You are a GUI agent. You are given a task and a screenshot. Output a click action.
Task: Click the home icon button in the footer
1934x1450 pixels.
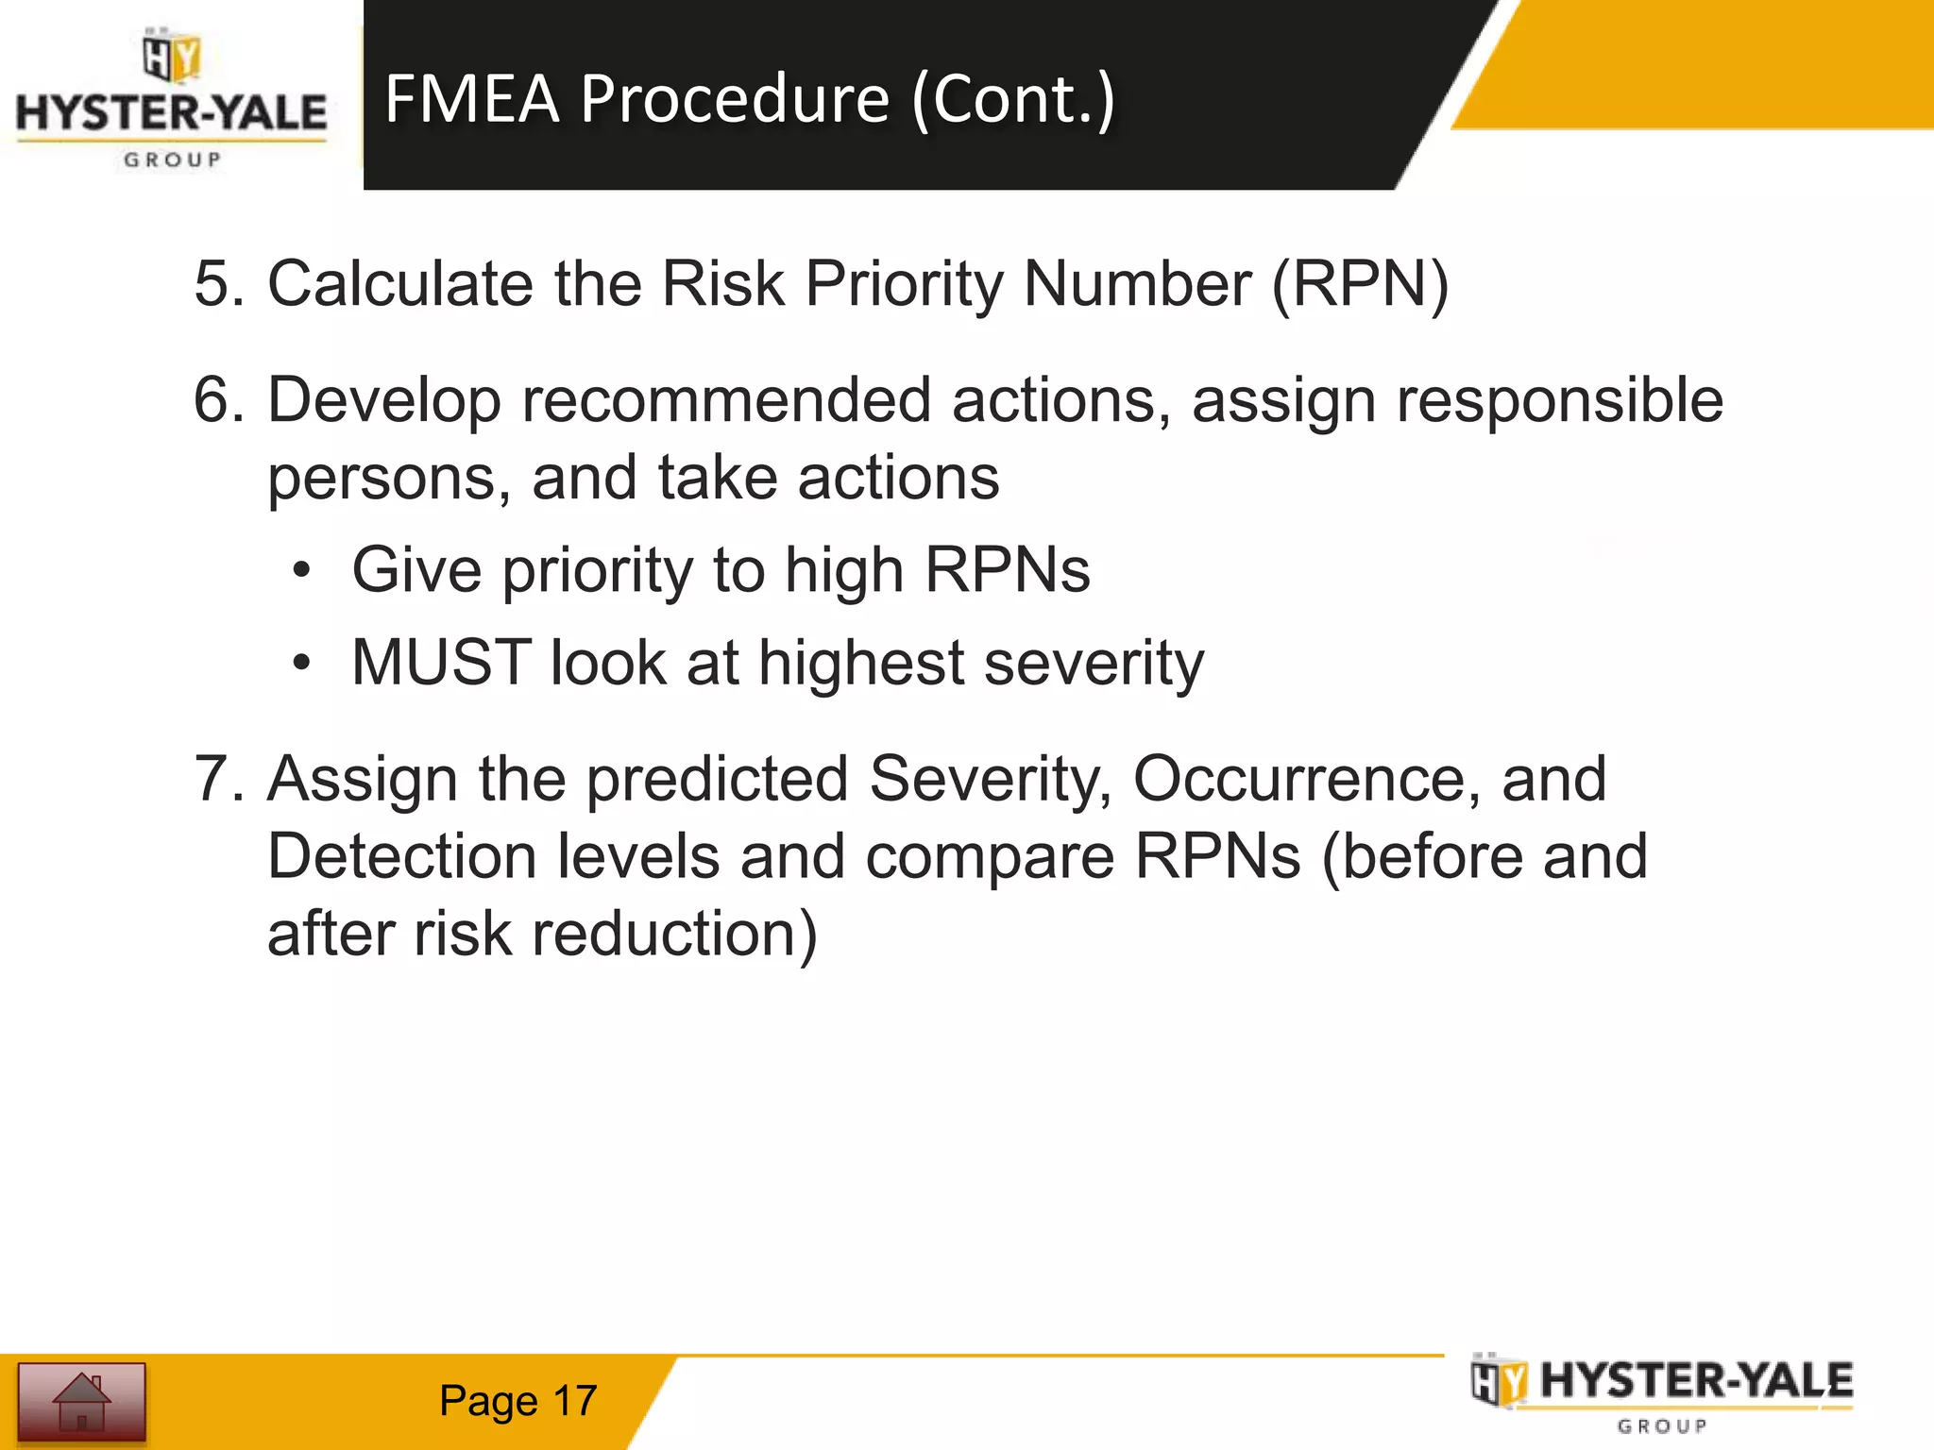[81, 1401]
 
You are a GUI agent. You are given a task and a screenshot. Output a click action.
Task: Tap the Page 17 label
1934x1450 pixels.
[517, 1401]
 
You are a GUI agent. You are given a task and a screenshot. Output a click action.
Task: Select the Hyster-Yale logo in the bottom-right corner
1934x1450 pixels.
[1662, 1394]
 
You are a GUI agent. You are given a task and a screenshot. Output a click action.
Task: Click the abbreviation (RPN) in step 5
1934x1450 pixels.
[1359, 283]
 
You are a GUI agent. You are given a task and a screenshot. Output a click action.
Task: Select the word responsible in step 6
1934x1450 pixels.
[1560, 399]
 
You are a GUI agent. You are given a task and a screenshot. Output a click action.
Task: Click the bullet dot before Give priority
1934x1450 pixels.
[301, 570]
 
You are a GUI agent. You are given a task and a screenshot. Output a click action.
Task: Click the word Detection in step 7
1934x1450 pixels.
[401, 856]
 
